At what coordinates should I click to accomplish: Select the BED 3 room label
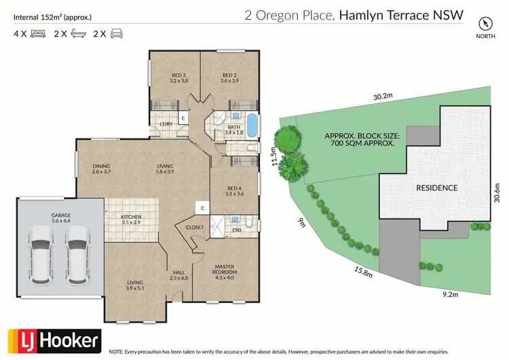(178, 77)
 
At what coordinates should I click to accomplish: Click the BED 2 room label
(229, 77)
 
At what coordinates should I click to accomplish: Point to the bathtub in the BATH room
(252, 126)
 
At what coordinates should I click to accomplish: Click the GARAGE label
(61, 217)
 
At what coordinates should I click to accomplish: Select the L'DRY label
(165, 124)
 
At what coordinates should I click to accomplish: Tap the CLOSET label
(195, 228)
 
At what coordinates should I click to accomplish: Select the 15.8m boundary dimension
(364, 272)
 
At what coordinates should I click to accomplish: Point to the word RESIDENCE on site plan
(437, 187)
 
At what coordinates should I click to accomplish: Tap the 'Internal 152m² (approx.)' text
(52, 16)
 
